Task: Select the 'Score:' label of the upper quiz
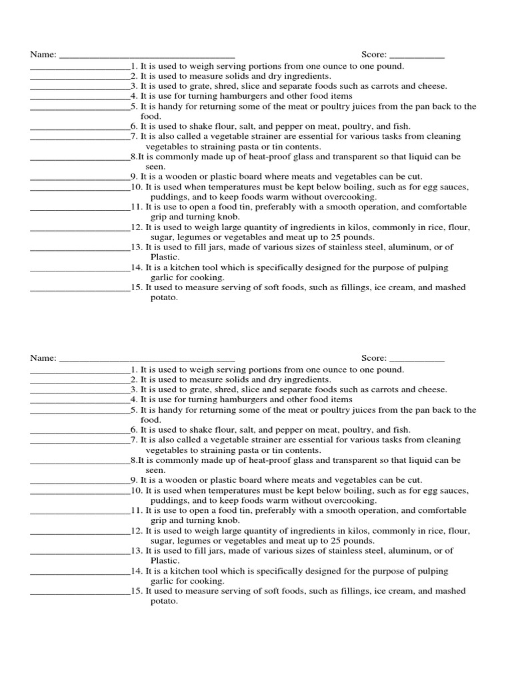tap(374, 55)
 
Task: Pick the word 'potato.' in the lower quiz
tap(164, 601)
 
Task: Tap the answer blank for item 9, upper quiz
tap(80, 177)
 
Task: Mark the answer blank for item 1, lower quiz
tap(80, 370)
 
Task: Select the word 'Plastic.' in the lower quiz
tap(165, 561)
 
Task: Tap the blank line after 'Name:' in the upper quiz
tap(147, 55)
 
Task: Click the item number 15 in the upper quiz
tap(136, 287)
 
